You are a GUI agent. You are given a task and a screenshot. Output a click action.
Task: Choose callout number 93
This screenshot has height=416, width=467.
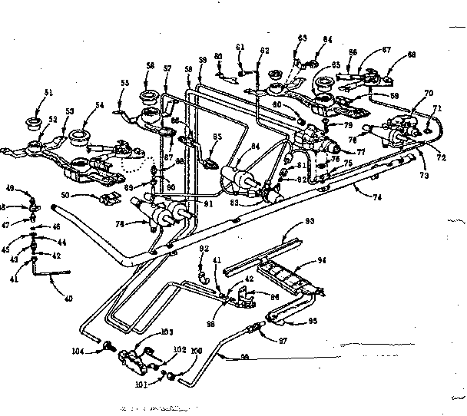pyautogui.click(x=310, y=221)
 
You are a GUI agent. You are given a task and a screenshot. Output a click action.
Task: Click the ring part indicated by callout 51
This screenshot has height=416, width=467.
pyautogui.click(x=33, y=122)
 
